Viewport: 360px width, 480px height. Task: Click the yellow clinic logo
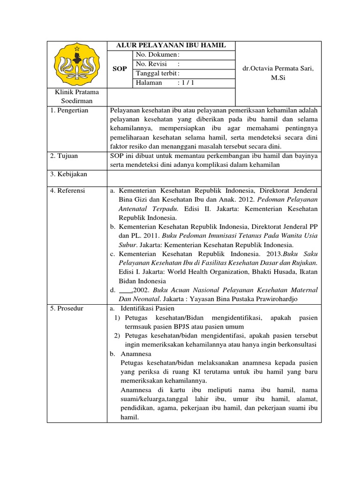[x=77, y=64]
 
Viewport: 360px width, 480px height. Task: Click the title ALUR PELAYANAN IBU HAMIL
[x=171, y=45]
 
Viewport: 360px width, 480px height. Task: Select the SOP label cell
[x=120, y=68]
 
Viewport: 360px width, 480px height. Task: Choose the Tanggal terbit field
[x=157, y=73]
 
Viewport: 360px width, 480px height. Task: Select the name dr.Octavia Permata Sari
[x=278, y=68]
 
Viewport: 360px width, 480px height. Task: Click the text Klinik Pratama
[x=77, y=92]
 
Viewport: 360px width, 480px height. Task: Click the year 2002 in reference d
[x=141, y=290]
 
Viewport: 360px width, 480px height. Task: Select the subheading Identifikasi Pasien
[x=147, y=308]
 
